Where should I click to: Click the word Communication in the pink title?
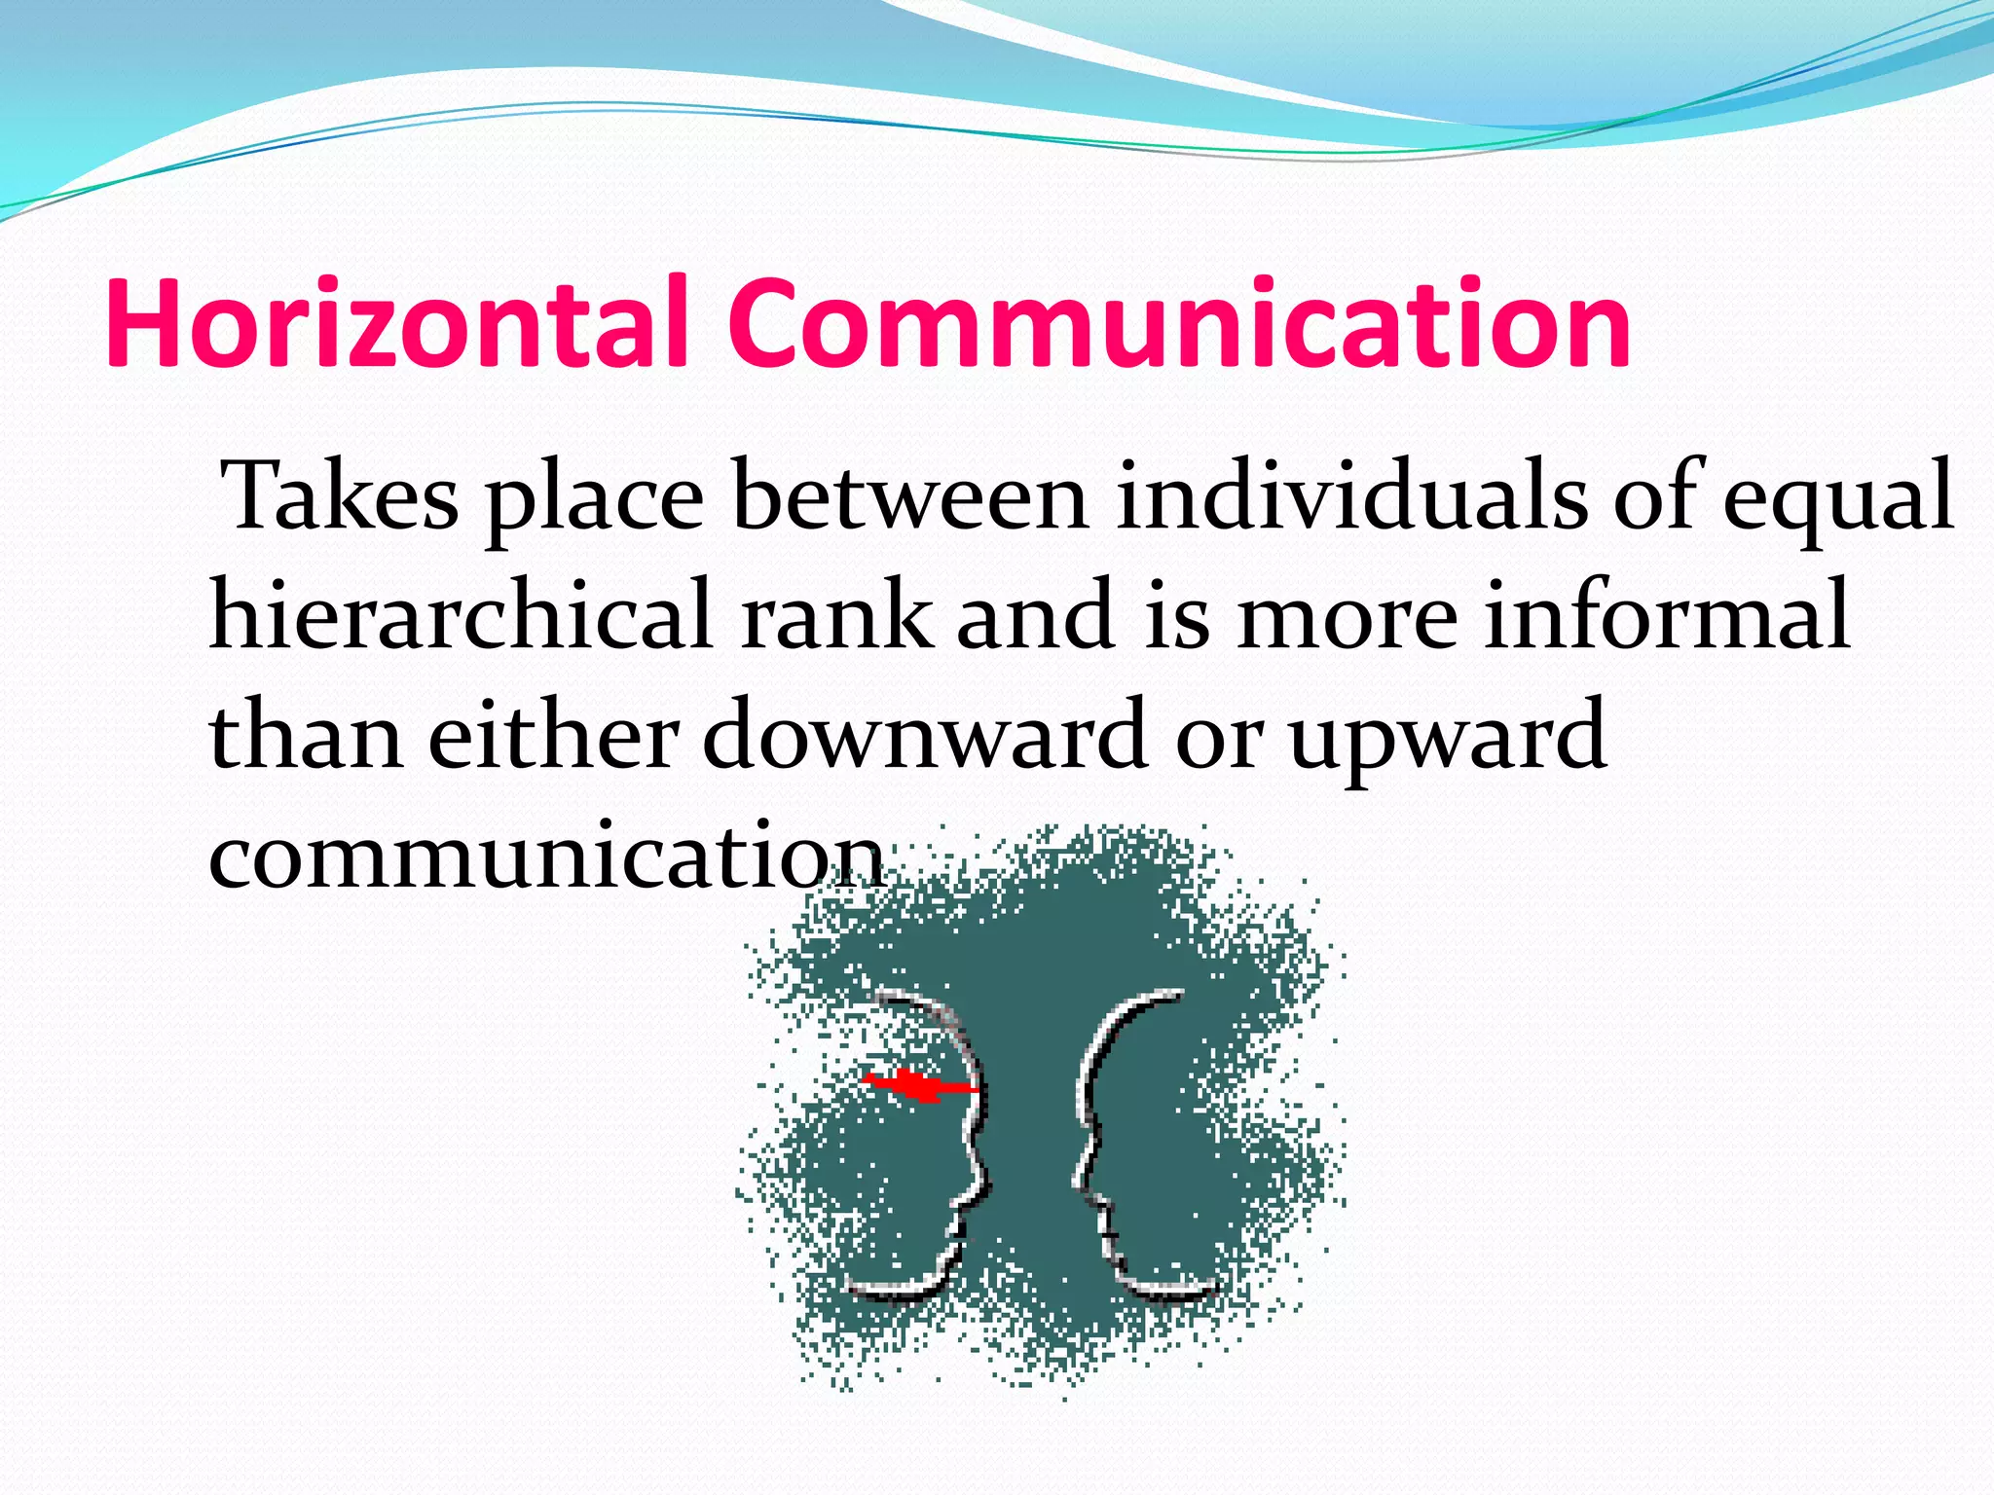[1179, 323]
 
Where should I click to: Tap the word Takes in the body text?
[341, 496]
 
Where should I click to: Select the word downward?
[925, 736]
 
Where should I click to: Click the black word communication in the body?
[545, 855]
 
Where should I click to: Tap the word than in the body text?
[306, 736]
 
